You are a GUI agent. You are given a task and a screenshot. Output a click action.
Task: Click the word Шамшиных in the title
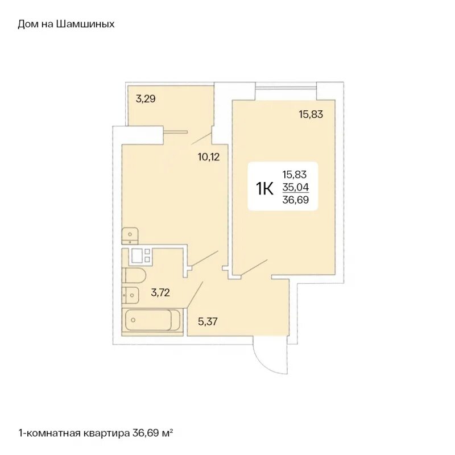point(85,24)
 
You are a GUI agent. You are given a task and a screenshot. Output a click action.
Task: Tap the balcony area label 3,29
point(146,99)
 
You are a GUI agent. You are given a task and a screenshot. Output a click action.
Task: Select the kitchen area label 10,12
point(209,158)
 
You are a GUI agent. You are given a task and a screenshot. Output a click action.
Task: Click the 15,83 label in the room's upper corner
point(311,114)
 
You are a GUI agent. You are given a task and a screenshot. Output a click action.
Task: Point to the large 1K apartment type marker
point(264,189)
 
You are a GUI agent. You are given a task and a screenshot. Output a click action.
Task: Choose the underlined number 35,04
point(296,188)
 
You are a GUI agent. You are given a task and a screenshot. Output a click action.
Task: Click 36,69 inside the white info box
point(296,200)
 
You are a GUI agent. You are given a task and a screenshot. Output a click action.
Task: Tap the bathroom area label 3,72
point(160,292)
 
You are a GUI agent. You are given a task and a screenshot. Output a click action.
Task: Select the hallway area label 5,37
point(208,322)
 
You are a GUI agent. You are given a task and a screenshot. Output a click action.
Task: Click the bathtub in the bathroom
point(152,320)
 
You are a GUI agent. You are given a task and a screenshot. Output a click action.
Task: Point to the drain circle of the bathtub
point(133,320)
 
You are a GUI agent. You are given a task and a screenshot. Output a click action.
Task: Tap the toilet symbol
point(134,276)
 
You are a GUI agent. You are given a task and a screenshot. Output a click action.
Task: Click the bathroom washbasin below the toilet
point(130,295)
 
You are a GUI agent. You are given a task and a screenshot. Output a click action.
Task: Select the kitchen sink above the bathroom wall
point(130,236)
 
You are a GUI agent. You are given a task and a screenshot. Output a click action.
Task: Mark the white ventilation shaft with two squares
point(140,256)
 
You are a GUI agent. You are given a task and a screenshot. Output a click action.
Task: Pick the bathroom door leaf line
point(195,294)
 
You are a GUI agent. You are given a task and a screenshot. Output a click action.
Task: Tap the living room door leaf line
point(254,267)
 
